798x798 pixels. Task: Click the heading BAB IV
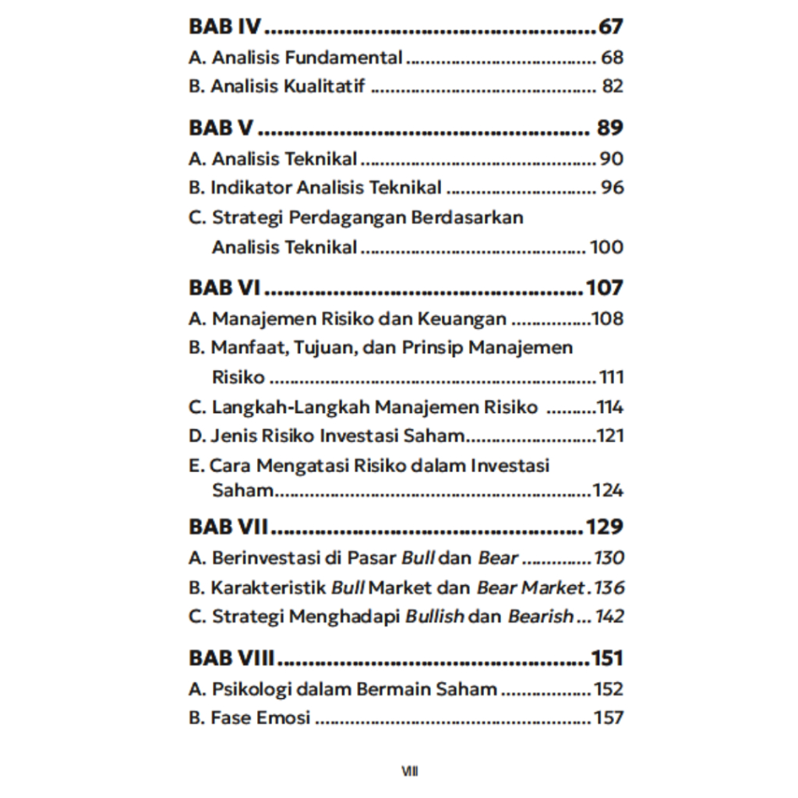coord(224,26)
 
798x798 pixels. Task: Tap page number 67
coord(611,26)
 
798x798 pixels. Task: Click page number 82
coord(613,87)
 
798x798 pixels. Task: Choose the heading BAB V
coord(221,128)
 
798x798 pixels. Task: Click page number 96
coord(612,188)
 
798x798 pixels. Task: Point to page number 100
coord(606,248)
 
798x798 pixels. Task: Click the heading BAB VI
coord(224,288)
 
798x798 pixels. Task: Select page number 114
coord(610,408)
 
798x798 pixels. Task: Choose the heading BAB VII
coord(228,527)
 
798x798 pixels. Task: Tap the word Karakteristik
coord(269,587)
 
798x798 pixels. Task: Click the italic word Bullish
coord(435,616)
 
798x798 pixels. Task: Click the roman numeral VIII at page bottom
coord(410,772)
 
